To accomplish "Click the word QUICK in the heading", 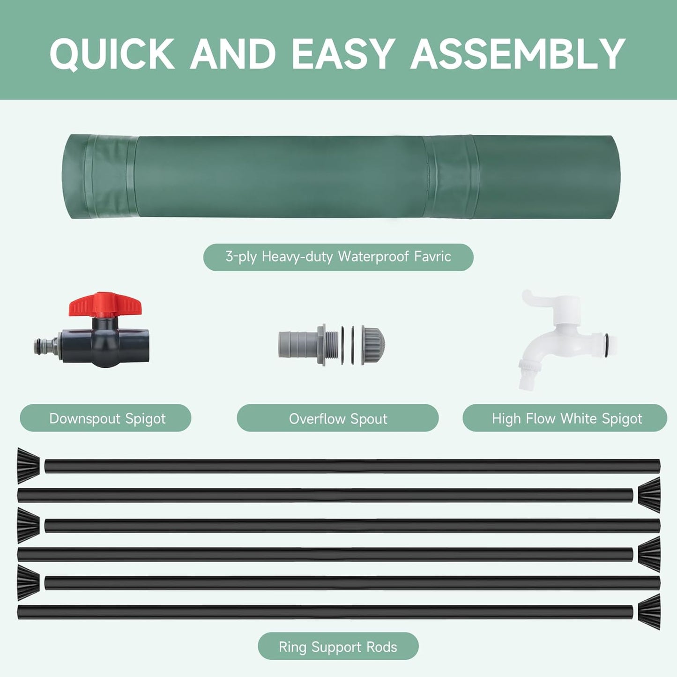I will pos(112,54).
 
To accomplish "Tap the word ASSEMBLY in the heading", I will pos(518,54).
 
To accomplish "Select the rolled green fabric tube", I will pos(341,177).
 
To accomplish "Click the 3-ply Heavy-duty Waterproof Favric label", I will pos(338,257).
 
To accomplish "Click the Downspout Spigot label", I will pos(105,418).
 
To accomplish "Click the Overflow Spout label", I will pos(338,418).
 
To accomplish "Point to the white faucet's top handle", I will pos(539,300).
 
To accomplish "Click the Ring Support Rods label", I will pos(338,647).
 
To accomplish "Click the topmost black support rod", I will pos(351,466).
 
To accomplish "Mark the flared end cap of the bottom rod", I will pos(649,612).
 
